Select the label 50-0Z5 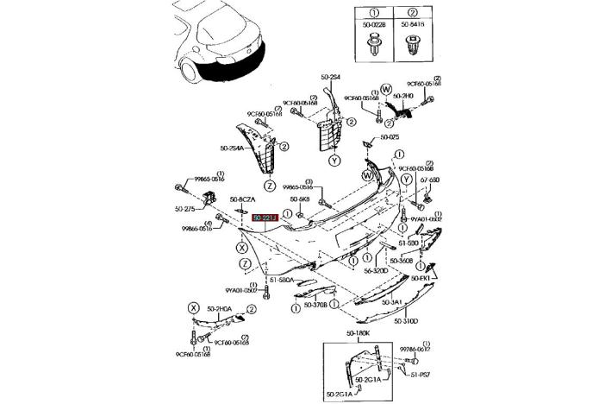(390, 138)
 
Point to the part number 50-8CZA (242, 200)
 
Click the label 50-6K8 (299, 200)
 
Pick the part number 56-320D (376, 270)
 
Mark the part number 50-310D (406, 322)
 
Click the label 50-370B (315, 305)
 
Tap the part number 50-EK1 (421, 278)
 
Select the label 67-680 (430, 180)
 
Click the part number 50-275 (185, 208)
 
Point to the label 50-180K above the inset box (358, 332)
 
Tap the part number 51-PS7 (421, 376)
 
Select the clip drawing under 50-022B (374, 46)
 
